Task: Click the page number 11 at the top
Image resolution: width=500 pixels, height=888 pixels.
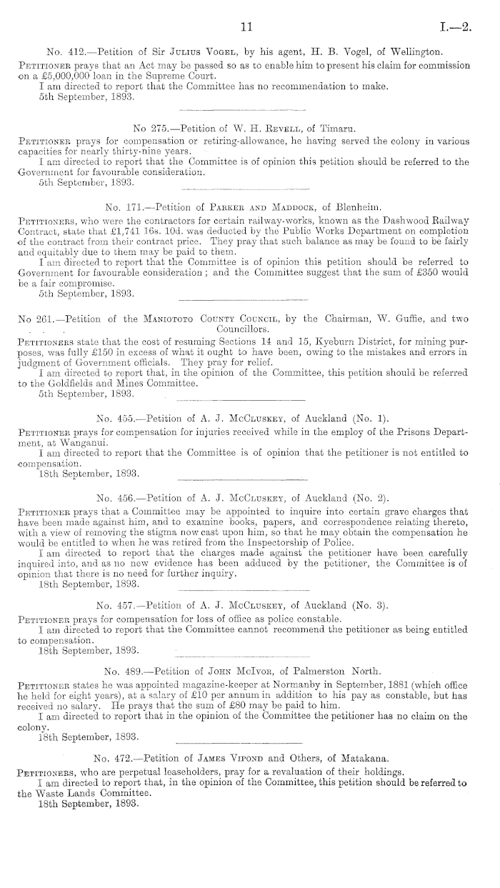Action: (x=247, y=27)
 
